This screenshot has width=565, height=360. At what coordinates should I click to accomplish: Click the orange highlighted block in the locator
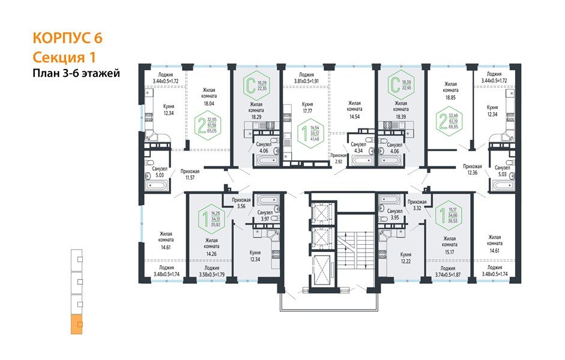77,325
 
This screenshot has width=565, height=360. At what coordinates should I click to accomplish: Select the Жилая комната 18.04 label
209,99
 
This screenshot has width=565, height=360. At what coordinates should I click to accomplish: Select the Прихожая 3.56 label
232,203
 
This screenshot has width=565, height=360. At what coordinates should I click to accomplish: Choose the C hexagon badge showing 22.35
257,85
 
